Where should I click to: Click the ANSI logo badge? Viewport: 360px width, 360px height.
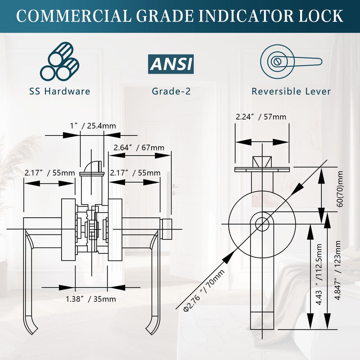pyautogui.click(x=171, y=64)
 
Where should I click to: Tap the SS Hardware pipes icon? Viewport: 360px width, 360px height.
pyautogui.click(x=60, y=61)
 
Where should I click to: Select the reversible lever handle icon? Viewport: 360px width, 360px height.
pyautogui.click(x=291, y=62)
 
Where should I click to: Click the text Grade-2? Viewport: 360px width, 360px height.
pyautogui.click(x=171, y=91)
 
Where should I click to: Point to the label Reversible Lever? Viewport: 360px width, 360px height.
pyautogui.click(x=291, y=91)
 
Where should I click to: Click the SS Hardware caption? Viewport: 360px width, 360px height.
pyautogui.click(x=60, y=91)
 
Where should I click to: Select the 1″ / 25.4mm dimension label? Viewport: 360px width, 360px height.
pyautogui.click(x=93, y=126)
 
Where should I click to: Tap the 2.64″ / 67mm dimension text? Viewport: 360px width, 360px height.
pyautogui.click(x=139, y=148)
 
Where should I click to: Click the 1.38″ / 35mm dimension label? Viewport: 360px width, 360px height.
pyautogui.click(x=91, y=299)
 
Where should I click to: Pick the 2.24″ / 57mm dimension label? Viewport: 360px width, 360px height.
pyautogui.click(x=261, y=117)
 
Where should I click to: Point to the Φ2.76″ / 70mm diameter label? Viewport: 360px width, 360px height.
pyautogui.click(x=204, y=291)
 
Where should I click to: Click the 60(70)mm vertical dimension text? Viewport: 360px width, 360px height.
pyautogui.click(x=340, y=189)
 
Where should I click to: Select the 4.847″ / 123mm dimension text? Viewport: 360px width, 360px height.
pyautogui.click(x=337, y=270)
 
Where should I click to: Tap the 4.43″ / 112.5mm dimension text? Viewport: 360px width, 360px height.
pyautogui.click(x=319, y=274)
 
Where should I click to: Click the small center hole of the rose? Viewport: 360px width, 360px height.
pyautogui.click(x=262, y=224)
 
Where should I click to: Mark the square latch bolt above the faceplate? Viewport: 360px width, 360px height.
pyautogui.click(x=262, y=162)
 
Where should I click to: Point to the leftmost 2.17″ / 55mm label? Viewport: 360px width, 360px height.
pyautogui.click(x=50, y=173)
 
